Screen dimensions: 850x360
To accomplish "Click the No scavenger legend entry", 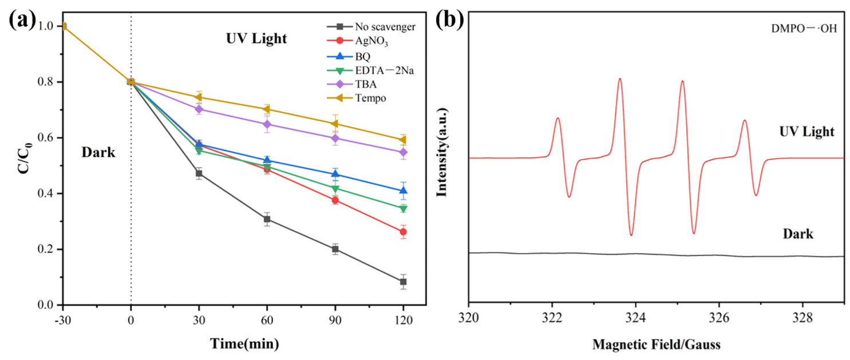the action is (371, 27).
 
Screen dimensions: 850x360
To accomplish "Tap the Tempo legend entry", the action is (357, 98).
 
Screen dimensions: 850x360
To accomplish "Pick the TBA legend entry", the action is (352, 84).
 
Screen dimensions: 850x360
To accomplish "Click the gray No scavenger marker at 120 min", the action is (403, 282).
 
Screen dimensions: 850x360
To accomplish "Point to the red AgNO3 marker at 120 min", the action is (403, 232).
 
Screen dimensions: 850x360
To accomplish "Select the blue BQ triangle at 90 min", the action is (335, 174).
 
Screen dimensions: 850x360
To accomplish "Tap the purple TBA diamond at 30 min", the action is (199, 109).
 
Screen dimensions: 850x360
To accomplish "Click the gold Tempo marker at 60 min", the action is (267, 110).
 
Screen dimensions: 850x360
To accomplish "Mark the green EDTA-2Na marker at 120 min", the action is (403, 209).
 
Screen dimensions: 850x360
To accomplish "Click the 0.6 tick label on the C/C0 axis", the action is (46, 138).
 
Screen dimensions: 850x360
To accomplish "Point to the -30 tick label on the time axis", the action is (63, 321).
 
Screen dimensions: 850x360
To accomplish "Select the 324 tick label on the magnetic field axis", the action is (635, 318).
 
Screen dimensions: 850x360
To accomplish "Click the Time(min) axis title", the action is (245, 343).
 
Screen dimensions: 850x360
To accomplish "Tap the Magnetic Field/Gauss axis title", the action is (657, 345).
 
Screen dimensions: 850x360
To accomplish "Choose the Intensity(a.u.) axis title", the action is (442, 152).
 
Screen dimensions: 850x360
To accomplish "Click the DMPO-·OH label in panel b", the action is (804, 29).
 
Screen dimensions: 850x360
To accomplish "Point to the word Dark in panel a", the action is (98, 152).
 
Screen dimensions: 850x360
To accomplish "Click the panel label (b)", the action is (450, 19).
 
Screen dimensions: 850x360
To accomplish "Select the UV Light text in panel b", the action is (806, 132).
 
